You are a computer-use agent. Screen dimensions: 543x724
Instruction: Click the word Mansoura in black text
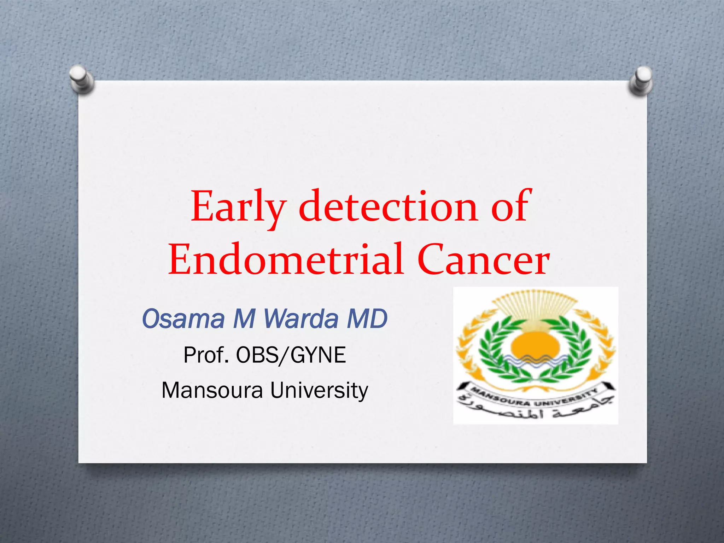click(212, 390)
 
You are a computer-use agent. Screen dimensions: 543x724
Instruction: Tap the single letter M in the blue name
click(244, 319)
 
